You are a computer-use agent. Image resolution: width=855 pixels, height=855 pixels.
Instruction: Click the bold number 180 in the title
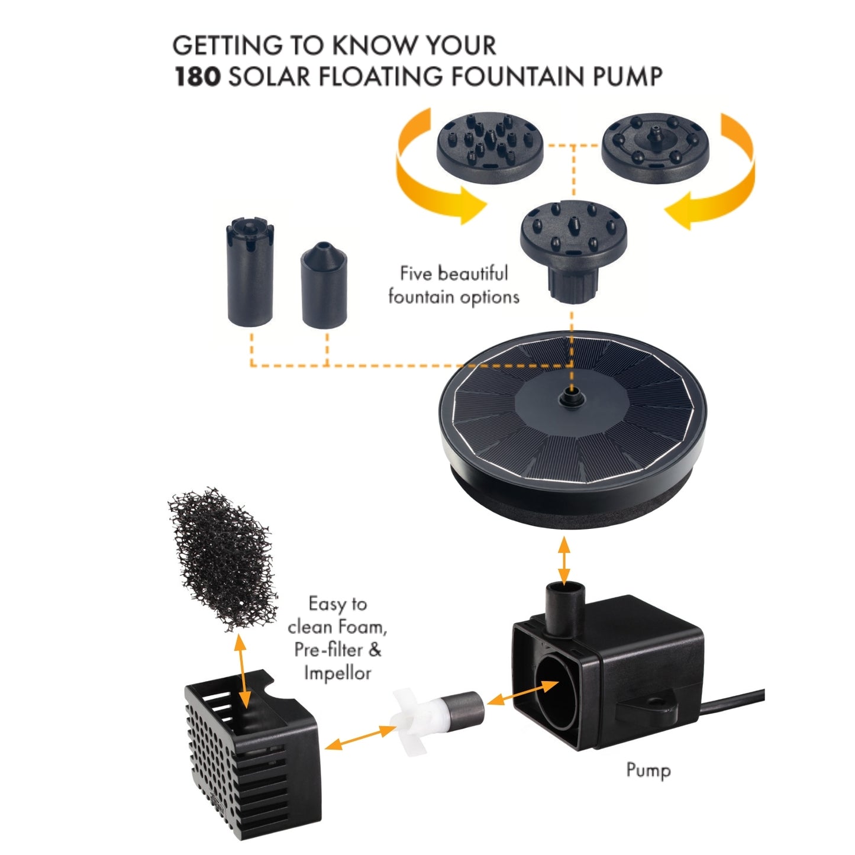(198, 76)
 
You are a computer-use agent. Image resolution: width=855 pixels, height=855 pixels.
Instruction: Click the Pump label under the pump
(648, 770)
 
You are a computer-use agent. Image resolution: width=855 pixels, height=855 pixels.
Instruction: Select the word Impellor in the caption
(337, 673)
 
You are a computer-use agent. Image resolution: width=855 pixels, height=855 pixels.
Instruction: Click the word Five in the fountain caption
(416, 273)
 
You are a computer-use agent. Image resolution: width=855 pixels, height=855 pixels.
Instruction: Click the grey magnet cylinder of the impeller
(465, 708)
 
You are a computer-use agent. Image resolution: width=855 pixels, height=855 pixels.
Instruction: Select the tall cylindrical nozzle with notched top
(250, 272)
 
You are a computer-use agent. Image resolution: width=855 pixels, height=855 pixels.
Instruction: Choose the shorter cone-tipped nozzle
(324, 285)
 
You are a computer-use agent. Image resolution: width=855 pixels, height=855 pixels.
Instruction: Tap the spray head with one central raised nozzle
(656, 147)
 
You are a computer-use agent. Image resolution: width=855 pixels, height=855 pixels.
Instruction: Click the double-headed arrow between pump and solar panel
(564, 561)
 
